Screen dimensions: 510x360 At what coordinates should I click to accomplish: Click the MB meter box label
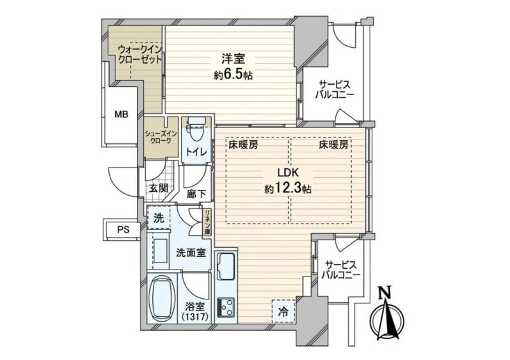(121, 115)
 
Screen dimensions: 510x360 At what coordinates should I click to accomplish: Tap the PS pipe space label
(124, 229)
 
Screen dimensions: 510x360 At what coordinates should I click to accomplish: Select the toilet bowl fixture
(196, 130)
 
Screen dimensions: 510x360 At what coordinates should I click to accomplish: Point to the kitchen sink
(227, 265)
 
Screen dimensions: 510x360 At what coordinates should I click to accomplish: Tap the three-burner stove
(226, 307)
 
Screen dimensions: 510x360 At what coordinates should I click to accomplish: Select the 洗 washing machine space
(158, 218)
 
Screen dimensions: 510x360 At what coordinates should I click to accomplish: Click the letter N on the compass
(386, 293)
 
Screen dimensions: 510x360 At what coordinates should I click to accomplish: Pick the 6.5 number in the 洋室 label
(233, 75)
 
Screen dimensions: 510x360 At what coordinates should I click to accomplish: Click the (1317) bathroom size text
(195, 316)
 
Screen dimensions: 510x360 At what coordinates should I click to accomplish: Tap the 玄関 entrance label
(159, 188)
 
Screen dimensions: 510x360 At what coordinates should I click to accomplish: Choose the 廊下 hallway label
(196, 194)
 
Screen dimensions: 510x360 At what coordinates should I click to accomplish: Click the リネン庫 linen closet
(207, 223)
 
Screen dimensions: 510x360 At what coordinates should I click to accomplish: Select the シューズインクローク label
(161, 137)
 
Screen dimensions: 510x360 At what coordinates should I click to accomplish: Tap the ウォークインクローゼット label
(140, 54)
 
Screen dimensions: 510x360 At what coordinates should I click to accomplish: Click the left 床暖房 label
(243, 145)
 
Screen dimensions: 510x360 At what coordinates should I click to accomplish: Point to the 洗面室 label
(191, 253)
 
